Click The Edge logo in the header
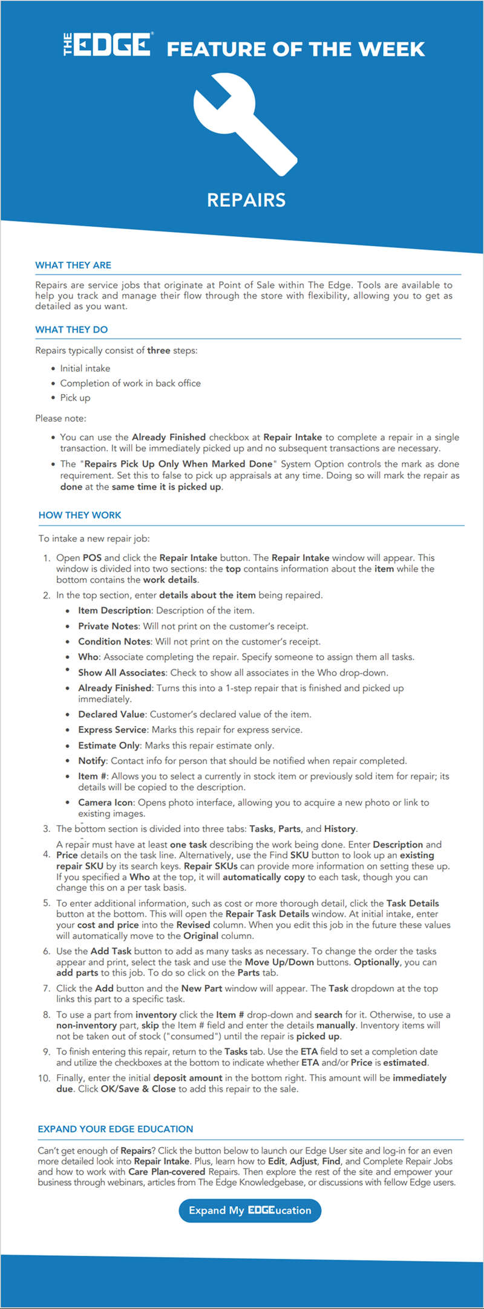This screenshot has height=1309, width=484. pyautogui.click(x=108, y=45)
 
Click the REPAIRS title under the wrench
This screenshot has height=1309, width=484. pyautogui.click(x=246, y=200)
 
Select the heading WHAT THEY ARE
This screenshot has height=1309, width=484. pyautogui.click(x=73, y=265)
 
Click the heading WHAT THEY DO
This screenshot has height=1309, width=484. pyautogui.click(x=71, y=330)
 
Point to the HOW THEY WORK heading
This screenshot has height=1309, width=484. pyautogui.click(x=80, y=515)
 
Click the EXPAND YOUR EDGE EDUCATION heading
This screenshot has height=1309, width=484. pyautogui.click(x=116, y=1129)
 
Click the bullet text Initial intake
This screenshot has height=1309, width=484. pyautogui.click(x=85, y=368)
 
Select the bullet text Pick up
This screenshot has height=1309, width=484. pyautogui.click(x=75, y=397)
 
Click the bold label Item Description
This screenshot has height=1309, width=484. pyautogui.click(x=114, y=611)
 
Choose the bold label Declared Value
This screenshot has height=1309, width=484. pyautogui.click(x=111, y=714)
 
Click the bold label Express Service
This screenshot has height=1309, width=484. pyautogui.click(x=112, y=730)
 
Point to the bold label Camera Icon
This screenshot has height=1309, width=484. pyautogui.click(x=105, y=802)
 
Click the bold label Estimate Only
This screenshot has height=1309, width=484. pyautogui.click(x=109, y=745)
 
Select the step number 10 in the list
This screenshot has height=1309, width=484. pyautogui.click(x=44, y=1078)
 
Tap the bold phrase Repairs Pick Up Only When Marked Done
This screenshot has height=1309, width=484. pyautogui.click(x=178, y=464)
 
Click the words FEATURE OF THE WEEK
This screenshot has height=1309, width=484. pyautogui.click(x=295, y=49)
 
